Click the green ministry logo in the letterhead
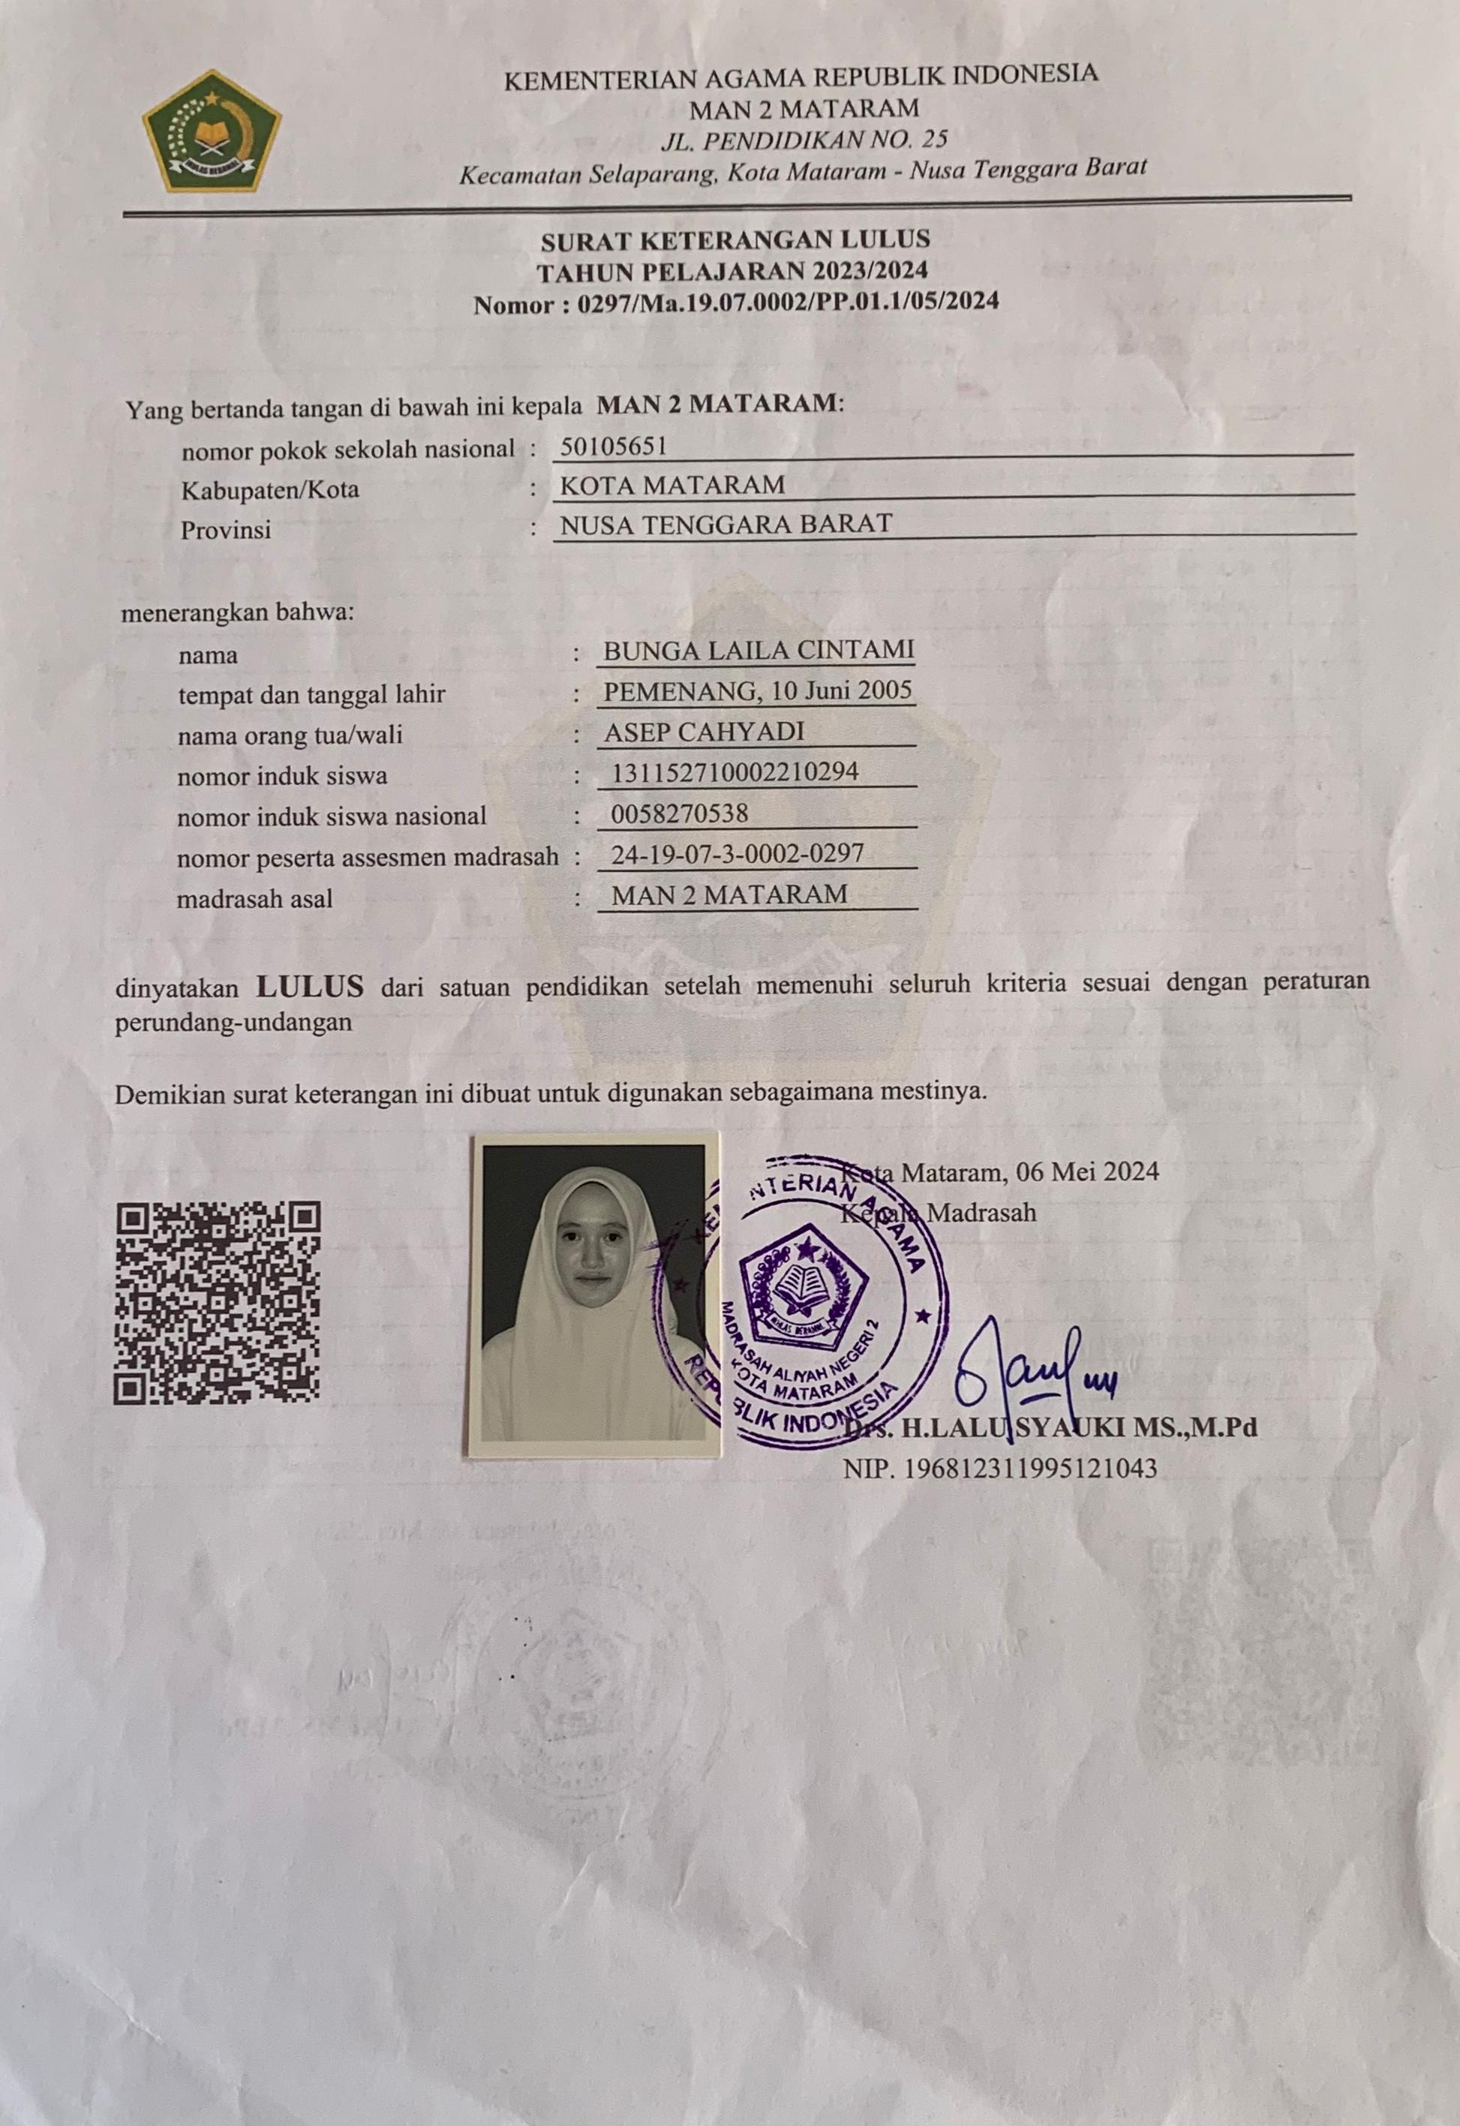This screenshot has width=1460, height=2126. pos(212,131)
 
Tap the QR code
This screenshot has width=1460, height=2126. pos(217,1303)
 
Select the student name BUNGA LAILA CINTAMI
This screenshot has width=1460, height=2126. pos(759,650)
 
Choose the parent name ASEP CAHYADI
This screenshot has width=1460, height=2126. pos(704,732)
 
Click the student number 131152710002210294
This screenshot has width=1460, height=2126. pos(735,772)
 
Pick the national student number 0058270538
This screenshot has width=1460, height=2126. pos(680,812)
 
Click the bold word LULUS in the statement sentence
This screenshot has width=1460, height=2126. pos(310,986)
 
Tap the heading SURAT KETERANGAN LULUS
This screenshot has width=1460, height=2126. pos(735,241)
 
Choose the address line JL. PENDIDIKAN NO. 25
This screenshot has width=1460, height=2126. pos(804,140)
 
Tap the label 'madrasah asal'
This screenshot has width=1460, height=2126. pos(254,898)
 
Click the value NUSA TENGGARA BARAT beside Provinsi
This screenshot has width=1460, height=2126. pos(725,524)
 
